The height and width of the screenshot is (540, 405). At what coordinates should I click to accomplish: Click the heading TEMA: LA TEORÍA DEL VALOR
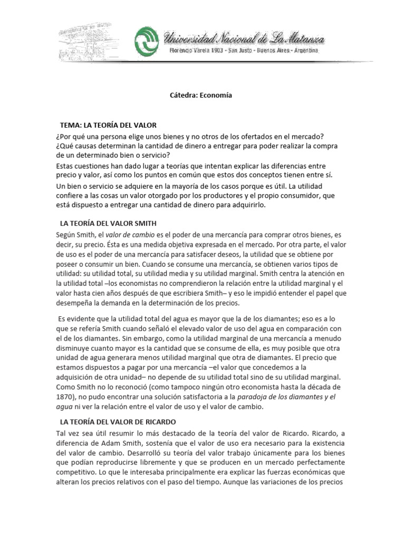109,125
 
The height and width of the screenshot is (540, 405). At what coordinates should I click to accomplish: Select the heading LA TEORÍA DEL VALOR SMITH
109,223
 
